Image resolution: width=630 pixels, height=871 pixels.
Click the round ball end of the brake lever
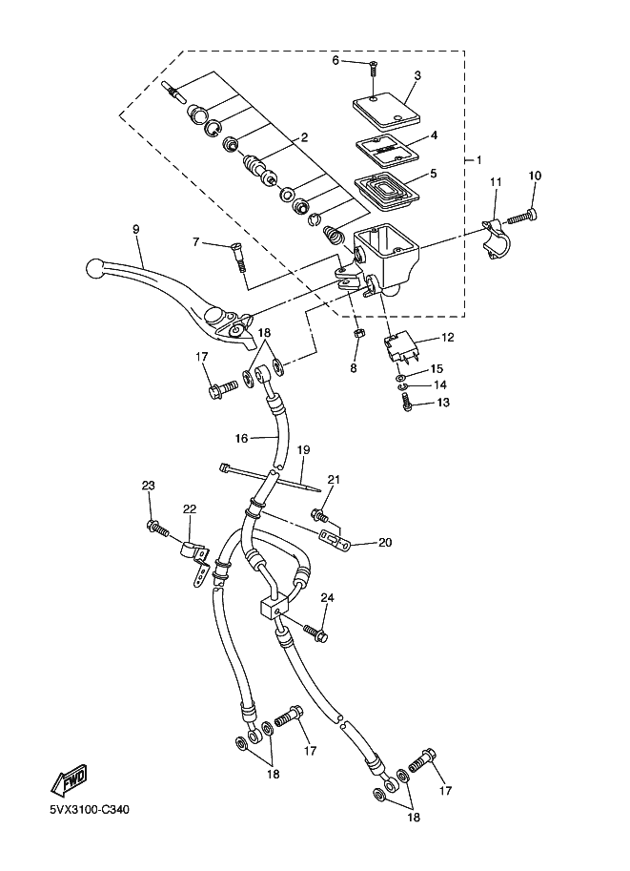click(x=95, y=269)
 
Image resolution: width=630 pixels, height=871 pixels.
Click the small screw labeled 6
click(x=373, y=70)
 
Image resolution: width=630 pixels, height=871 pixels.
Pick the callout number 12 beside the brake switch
click(x=447, y=337)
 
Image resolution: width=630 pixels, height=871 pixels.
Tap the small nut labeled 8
click(x=359, y=333)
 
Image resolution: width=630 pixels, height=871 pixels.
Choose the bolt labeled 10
click(x=523, y=216)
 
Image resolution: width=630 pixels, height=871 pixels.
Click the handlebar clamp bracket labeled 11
click(x=494, y=236)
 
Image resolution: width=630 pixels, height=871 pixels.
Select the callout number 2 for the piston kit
click(x=304, y=137)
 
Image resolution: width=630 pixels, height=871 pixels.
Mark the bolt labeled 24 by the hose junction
click(x=315, y=633)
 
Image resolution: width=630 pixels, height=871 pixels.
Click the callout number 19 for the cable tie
click(x=302, y=450)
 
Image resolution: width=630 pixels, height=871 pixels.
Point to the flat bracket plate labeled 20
click(x=335, y=539)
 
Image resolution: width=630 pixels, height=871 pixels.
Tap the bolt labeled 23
click(x=157, y=529)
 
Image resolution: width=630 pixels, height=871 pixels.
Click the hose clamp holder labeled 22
click(x=195, y=562)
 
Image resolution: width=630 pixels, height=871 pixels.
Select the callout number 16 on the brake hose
click(x=241, y=438)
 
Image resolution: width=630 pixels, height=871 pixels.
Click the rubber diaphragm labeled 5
click(x=387, y=192)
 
